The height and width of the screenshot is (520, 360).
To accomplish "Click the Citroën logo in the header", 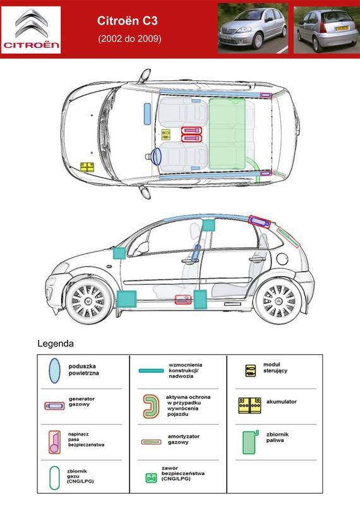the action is (x=31, y=30).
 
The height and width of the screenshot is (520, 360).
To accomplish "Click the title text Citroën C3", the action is (x=128, y=21).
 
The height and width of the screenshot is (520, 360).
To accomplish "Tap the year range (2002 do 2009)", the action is (x=129, y=39).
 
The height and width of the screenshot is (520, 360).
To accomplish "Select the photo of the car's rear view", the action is (x=325, y=30).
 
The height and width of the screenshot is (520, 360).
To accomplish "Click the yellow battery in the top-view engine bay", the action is (x=87, y=167).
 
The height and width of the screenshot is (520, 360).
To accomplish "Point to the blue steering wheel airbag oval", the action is (x=156, y=157).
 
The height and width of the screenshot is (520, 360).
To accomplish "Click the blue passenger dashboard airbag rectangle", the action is (x=147, y=114).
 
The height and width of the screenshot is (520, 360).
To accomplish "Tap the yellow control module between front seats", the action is (x=165, y=135).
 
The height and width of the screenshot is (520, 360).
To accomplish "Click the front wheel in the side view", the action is (x=88, y=301).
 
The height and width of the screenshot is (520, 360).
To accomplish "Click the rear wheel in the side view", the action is (x=279, y=301).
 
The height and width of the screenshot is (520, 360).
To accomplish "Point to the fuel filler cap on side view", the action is (x=282, y=259).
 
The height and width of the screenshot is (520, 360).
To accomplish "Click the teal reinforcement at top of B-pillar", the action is (x=208, y=226).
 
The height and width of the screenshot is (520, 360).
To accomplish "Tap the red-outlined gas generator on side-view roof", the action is (x=260, y=222).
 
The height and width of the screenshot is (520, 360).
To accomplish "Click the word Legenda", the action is (x=56, y=344).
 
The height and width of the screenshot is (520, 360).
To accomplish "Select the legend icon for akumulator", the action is (x=249, y=405).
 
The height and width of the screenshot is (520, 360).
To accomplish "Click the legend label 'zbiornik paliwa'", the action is (x=277, y=437).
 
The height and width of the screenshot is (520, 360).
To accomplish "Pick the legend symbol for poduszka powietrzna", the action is (x=55, y=370).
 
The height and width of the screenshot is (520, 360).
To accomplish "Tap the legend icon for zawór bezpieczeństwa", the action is (x=152, y=478).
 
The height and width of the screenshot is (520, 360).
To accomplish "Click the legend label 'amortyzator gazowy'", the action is (x=183, y=439).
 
